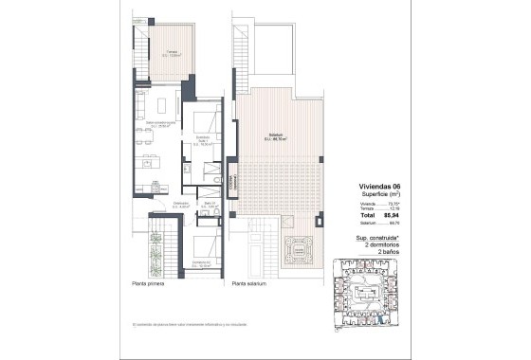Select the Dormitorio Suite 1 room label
click(201, 143)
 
